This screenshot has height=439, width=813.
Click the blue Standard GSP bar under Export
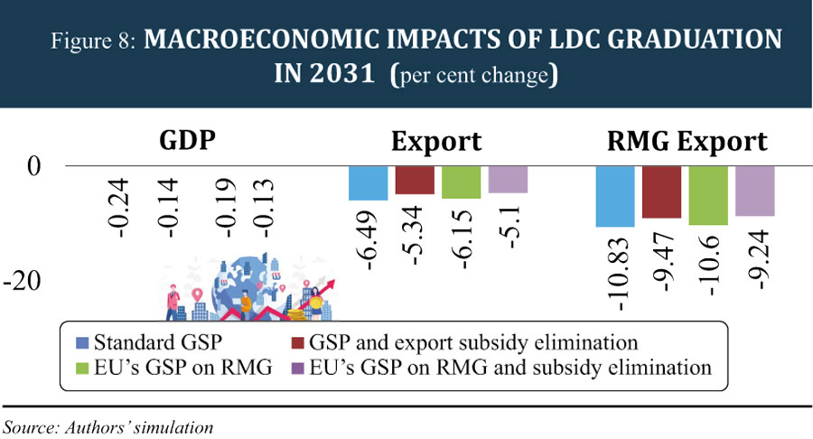click(x=369, y=183)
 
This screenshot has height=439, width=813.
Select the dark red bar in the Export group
click(x=415, y=180)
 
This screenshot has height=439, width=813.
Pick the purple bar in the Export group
click(x=508, y=179)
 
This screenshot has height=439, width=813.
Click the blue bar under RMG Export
click(x=615, y=196)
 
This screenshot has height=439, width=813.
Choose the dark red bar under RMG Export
click(x=661, y=191)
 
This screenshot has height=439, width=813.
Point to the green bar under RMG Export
click(x=708, y=195)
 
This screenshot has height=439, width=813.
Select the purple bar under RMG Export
click(x=754, y=191)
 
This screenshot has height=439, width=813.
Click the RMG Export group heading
click(x=687, y=142)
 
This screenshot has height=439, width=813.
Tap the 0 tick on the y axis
click(x=35, y=166)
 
